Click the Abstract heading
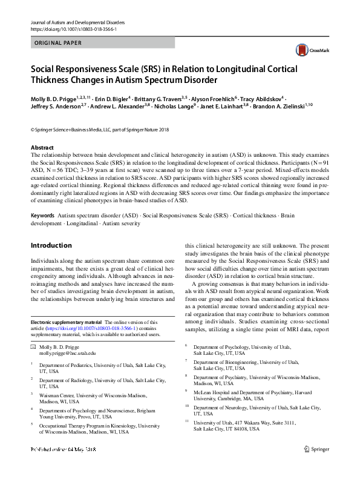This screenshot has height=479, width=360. [42, 148]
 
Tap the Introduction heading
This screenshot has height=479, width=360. [51, 246]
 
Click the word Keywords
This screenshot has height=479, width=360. [42, 216]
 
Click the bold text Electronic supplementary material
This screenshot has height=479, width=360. [67, 323]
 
